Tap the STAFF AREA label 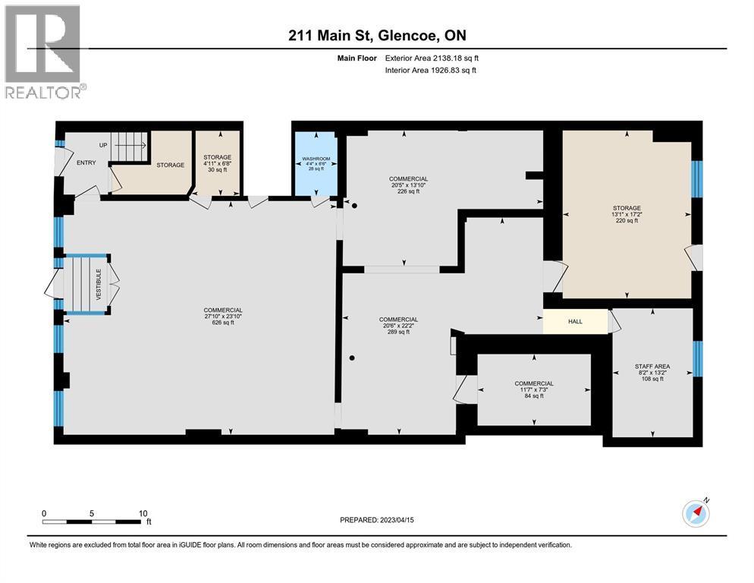(652, 367)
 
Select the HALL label (575, 322)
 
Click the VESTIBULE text (98, 284)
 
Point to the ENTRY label (86, 162)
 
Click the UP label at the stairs (103, 145)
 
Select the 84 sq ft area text (534, 396)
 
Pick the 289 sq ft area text (398, 332)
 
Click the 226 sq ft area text (409, 191)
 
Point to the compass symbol (696, 514)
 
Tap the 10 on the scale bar (143, 513)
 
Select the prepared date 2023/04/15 (377, 520)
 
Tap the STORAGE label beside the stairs (171, 165)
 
